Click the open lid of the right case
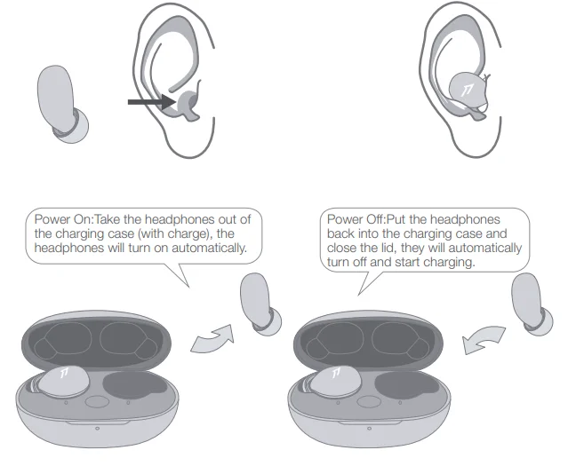pos(370,339)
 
